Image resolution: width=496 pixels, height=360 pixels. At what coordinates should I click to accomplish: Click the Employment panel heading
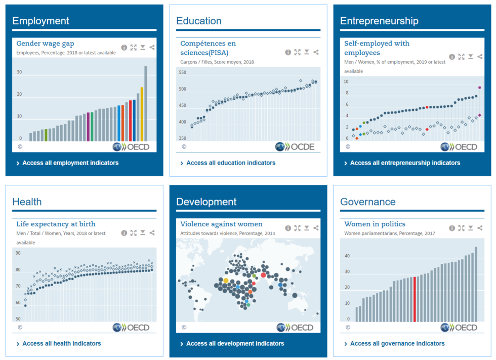pyautogui.click(x=40, y=21)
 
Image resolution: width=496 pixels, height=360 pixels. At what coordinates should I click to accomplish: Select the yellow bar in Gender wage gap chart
pyautogui.click(x=142, y=114)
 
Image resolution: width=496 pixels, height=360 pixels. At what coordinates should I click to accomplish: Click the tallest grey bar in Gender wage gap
pyautogui.click(x=146, y=104)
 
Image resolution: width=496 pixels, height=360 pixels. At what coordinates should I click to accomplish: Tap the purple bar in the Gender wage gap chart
pyautogui.click(x=88, y=127)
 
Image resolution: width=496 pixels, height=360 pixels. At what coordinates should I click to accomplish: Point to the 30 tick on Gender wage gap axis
pyautogui.click(x=19, y=72)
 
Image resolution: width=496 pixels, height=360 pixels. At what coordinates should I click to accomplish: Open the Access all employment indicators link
pyautogui.click(x=70, y=163)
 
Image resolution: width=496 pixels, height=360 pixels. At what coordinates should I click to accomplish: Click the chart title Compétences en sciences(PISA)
pyautogui.click(x=208, y=48)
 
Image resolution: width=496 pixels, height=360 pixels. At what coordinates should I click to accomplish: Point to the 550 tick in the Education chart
pyautogui.click(x=183, y=73)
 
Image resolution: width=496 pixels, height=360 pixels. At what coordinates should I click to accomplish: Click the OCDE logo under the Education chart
pyautogui.click(x=295, y=147)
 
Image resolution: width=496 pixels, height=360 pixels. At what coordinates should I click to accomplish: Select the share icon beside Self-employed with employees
pyautogui.click(x=480, y=57)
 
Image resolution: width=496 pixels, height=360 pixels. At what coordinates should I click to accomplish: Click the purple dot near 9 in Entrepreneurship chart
pyautogui.click(x=479, y=88)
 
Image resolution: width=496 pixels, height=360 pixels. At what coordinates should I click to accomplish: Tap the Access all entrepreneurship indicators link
pyautogui.click(x=405, y=163)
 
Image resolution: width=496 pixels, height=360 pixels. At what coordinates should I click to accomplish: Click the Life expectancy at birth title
pyautogui.click(x=56, y=224)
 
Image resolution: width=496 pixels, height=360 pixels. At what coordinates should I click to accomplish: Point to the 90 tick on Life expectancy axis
pyautogui.click(x=18, y=253)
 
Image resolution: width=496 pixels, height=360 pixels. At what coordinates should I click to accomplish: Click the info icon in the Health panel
pyautogui.click(x=124, y=233)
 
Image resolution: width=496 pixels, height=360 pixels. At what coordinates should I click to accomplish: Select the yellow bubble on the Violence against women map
pyautogui.click(x=226, y=280)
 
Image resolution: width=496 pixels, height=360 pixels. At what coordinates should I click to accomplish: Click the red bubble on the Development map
pyautogui.click(x=263, y=275)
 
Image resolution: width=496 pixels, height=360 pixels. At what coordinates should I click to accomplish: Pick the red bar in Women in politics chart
pyautogui.click(x=415, y=299)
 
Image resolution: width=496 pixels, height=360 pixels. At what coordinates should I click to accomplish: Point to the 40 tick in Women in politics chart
pyautogui.click(x=347, y=256)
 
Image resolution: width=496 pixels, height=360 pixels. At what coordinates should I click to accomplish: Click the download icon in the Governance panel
pyautogui.click(x=471, y=228)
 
